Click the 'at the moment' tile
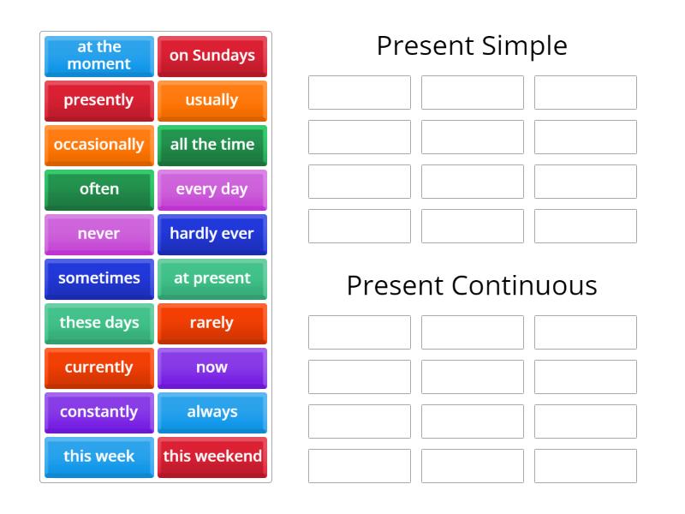click(99, 56)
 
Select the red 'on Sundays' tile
click(212, 56)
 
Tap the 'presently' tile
click(99, 100)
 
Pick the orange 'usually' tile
click(212, 100)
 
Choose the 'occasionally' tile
click(99, 145)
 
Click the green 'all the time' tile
click(212, 145)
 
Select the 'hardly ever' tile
click(212, 234)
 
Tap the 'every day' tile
click(212, 189)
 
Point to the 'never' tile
click(99, 234)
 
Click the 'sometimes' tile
click(99, 278)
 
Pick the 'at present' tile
click(212, 278)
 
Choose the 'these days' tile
click(99, 323)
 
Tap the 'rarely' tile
click(212, 323)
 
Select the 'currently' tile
click(99, 368)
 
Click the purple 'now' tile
click(212, 368)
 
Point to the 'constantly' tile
click(99, 412)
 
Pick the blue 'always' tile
click(212, 412)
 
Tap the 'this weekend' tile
click(212, 457)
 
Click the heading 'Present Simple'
click(472, 45)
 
